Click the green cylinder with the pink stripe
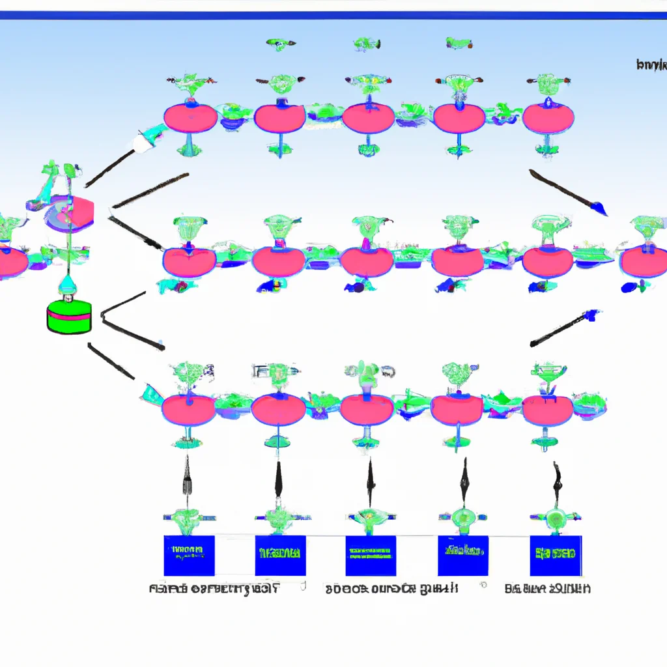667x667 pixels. click(70, 318)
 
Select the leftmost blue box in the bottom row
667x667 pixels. click(189, 556)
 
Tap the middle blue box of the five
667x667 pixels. click(371, 556)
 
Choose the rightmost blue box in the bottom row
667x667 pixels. click(556, 556)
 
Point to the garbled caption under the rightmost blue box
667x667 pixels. click(548, 589)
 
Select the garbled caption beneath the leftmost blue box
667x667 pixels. click(214, 589)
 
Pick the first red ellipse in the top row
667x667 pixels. click(190, 119)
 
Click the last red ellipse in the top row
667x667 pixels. click(548, 119)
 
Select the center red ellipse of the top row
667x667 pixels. click(369, 119)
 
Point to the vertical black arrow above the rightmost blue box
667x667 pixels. click(557, 477)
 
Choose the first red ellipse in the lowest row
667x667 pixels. click(188, 410)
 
